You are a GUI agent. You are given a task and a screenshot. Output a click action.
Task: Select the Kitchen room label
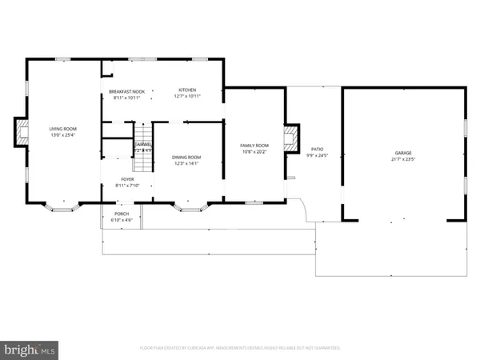(187, 90)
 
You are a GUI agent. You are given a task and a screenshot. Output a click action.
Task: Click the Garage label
(402, 152)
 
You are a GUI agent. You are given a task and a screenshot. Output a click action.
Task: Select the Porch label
(122, 214)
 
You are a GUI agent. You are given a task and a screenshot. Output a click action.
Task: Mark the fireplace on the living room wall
(20, 134)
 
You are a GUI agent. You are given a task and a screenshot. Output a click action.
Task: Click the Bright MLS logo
(31, 349)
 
